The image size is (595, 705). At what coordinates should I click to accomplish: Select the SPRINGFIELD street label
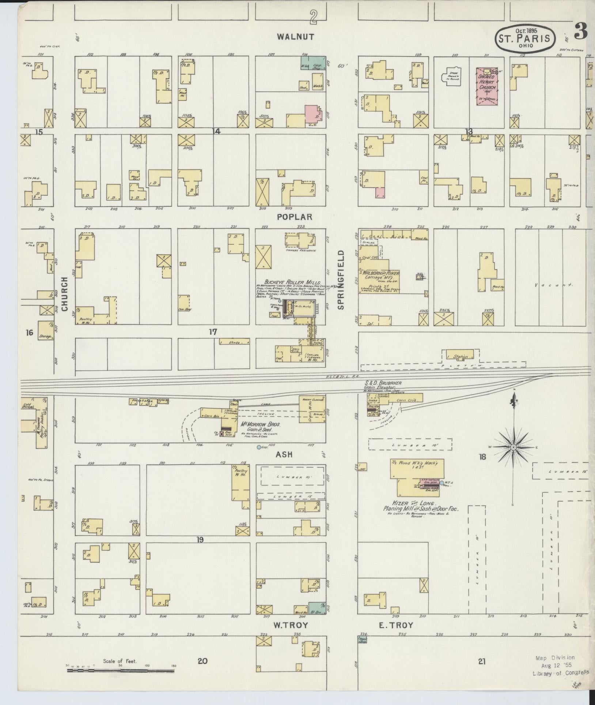pos(341,280)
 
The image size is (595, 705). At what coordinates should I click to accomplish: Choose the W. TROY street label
pos(291,625)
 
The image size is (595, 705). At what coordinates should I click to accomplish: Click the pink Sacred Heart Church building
pos(487,87)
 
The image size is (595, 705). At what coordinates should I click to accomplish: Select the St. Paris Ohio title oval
pos(526,38)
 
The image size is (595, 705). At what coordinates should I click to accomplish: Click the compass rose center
pos(513,447)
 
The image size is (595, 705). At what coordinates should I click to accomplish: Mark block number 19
pos(200,539)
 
